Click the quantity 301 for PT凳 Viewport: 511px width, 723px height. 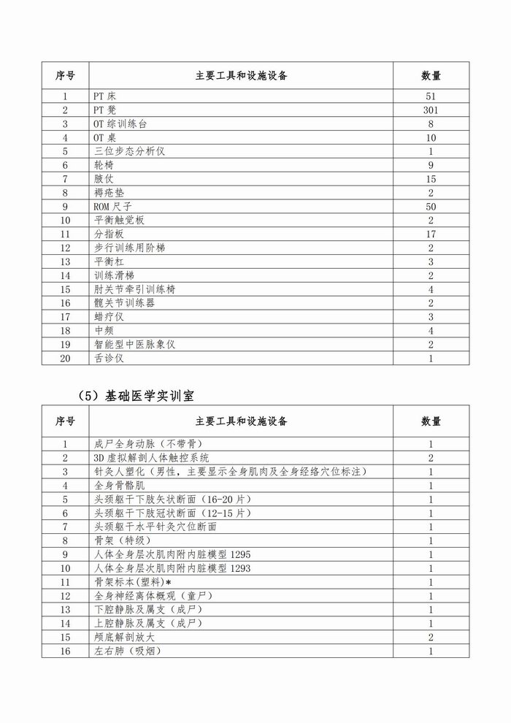click(431, 110)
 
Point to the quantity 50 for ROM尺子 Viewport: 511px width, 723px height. click(431, 207)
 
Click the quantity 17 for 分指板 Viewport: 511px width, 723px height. click(431, 234)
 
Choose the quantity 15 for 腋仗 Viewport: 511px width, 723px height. click(431, 179)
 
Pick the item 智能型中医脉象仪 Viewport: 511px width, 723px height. click(136, 344)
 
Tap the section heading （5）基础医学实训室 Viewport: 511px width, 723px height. click(139, 394)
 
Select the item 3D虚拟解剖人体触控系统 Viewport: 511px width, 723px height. click(152, 458)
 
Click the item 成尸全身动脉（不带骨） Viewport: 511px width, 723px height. click(148, 444)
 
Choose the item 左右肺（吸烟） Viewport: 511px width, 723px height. click(128, 651)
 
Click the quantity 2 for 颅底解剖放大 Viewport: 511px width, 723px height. click(431, 638)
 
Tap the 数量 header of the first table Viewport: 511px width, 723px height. click(431, 75)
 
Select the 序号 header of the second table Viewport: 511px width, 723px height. click(66, 421)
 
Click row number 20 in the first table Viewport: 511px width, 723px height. click(66, 358)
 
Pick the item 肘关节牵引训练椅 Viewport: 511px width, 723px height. click(135, 289)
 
